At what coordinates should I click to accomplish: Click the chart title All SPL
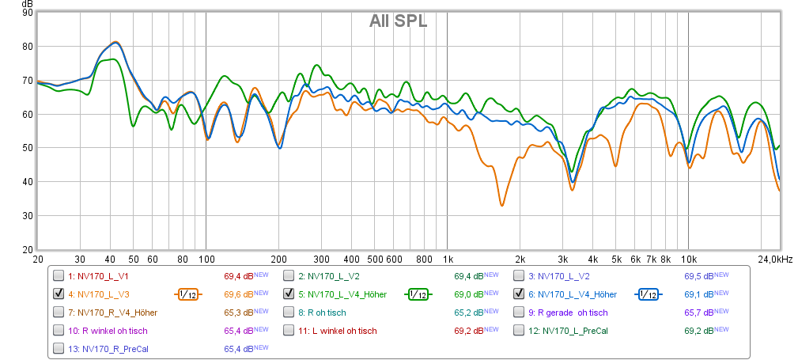click(x=398, y=21)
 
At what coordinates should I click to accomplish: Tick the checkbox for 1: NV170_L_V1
click(x=59, y=276)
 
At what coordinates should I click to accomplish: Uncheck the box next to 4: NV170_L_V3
click(x=59, y=294)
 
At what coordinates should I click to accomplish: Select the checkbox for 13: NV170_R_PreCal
click(x=59, y=348)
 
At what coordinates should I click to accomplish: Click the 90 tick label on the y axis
click(x=28, y=13)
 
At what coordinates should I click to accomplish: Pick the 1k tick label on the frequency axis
click(x=448, y=260)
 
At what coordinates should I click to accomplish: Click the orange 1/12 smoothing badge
click(x=188, y=294)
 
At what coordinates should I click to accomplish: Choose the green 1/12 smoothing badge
click(x=418, y=294)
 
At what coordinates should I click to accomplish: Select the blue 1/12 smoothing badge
click(x=648, y=294)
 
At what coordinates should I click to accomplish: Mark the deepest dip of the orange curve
click(x=501, y=206)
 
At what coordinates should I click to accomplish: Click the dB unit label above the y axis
click(x=28, y=4)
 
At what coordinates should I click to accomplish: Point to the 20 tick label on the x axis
click(x=38, y=260)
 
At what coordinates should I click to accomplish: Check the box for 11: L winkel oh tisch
click(x=289, y=331)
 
